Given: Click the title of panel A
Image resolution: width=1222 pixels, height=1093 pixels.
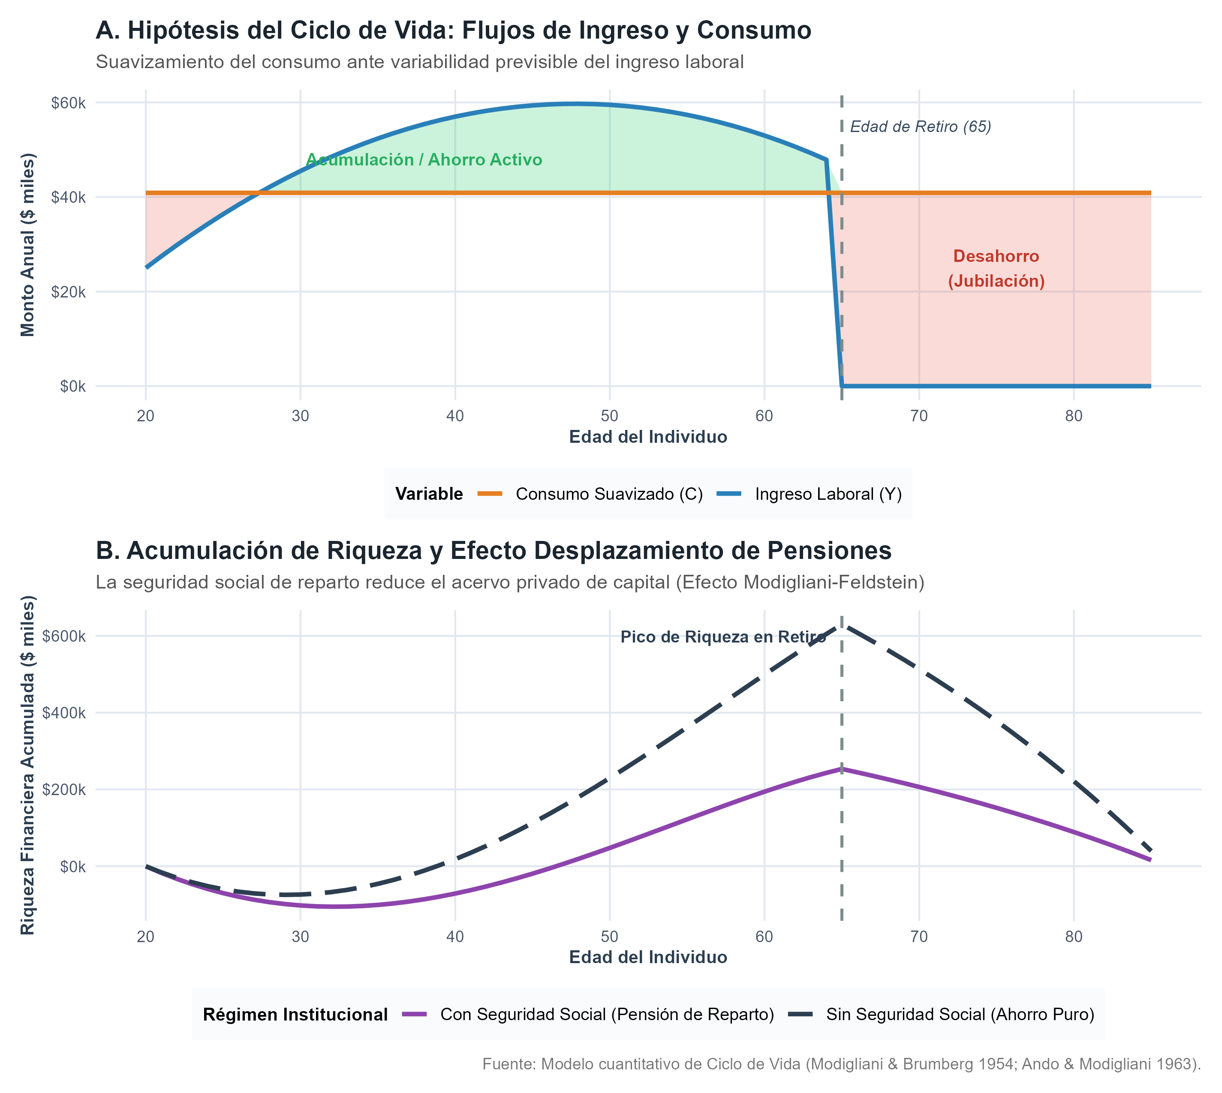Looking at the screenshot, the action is click(454, 30).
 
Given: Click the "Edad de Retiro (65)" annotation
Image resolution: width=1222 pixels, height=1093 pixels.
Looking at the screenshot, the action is click(921, 127).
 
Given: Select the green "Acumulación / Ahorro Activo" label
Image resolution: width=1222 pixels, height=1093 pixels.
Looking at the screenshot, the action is click(424, 160).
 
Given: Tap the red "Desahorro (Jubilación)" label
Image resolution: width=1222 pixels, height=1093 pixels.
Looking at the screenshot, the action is click(996, 268).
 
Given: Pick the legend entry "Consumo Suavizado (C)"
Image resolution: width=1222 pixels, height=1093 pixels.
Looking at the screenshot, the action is click(590, 494).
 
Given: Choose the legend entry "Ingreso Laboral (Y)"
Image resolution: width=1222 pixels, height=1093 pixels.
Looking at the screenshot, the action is click(809, 494).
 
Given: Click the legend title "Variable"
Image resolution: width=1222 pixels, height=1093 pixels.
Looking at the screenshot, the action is click(429, 494).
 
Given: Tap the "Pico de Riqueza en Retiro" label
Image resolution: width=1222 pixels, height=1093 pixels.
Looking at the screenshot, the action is click(723, 637).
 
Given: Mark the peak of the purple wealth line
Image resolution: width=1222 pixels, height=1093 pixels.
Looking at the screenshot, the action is click(842, 769).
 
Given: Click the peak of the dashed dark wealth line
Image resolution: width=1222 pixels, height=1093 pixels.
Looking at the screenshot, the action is click(842, 625).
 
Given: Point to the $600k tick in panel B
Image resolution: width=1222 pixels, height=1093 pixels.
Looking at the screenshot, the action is click(65, 636).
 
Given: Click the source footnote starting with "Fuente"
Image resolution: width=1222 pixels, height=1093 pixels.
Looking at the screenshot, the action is click(842, 1064).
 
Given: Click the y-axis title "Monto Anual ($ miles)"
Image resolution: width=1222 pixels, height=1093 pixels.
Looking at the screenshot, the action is click(28, 245).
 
